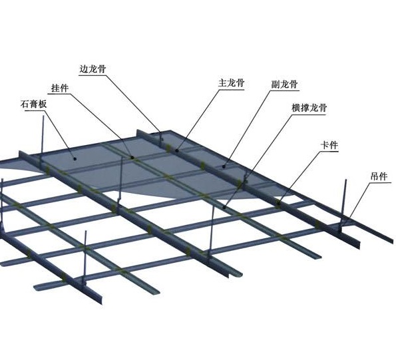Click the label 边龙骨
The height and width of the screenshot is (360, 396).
click(x=93, y=69)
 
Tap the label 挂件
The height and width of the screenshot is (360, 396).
click(x=60, y=88)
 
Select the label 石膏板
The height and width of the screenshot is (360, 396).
click(x=33, y=104)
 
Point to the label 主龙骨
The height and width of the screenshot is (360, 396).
click(x=232, y=83)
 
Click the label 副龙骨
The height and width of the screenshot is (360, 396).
click(x=285, y=84)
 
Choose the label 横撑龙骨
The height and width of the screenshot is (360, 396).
click(x=309, y=108)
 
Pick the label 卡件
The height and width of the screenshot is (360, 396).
click(x=329, y=145)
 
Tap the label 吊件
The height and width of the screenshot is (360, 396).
click(x=379, y=176)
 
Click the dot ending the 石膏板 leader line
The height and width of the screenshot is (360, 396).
click(x=75, y=158)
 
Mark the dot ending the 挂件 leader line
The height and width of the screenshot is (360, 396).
click(x=132, y=158)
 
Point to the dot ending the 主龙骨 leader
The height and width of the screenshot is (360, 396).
click(x=177, y=150)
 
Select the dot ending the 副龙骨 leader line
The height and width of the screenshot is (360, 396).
click(x=224, y=166)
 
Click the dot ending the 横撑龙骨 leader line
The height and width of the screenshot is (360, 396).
click(x=224, y=208)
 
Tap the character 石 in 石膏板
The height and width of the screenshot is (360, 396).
click(x=25, y=104)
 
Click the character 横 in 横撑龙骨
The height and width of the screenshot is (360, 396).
click(x=296, y=108)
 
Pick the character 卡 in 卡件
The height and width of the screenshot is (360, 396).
click(x=325, y=145)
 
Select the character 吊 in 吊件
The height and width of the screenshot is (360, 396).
click(x=375, y=176)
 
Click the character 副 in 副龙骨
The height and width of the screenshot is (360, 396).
click(x=276, y=84)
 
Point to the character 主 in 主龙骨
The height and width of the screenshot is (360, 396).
click(x=222, y=83)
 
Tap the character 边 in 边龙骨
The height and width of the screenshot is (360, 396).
click(x=84, y=69)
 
